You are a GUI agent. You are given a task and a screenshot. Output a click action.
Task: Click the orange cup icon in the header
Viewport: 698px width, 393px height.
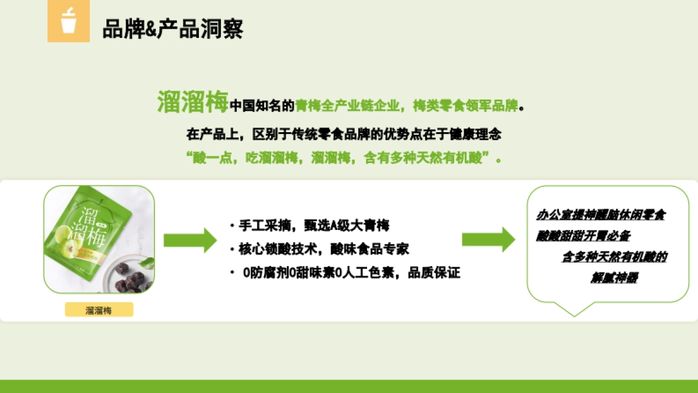[x=69, y=21]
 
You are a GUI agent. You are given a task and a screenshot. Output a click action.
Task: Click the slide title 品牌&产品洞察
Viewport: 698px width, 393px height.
[x=173, y=28]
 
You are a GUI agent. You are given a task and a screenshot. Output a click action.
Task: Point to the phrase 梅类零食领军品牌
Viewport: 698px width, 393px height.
[x=465, y=106]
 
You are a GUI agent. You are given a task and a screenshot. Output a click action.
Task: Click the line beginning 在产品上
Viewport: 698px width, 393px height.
[x=343, y=134]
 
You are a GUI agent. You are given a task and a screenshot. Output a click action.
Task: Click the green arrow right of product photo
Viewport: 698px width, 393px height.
[x=190, y=240]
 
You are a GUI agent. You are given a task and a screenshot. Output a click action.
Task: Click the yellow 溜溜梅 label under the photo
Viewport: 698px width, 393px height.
[x=99, y=310]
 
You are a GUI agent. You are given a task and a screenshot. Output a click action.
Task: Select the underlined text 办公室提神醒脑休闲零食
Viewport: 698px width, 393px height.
[x=601, y=215]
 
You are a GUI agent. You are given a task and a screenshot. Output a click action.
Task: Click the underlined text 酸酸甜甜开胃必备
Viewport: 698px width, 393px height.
[x=583, y=236]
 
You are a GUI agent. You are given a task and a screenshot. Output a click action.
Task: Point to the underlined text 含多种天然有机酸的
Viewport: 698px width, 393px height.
[x=614, y=257]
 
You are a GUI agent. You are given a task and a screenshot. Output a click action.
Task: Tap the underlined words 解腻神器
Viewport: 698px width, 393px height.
[x=614, y=278]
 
